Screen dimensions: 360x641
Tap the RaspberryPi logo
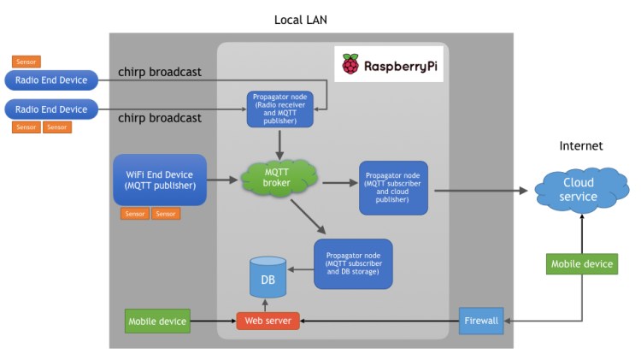tap(389, 65)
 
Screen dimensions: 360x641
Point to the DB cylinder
tap(266, 278)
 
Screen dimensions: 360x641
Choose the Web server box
tap(268, 322)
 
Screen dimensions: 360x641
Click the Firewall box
tap(483, 322)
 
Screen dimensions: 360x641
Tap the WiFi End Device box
tap(160, 180)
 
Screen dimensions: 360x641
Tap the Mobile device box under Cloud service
tap(581, 264)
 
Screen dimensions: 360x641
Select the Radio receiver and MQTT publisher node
tap(274, 109)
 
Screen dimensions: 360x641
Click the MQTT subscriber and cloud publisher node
tap(393, 188)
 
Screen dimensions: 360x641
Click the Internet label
tap(581, 146)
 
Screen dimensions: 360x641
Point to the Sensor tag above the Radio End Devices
tap(26, 62)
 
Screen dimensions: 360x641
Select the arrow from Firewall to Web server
tap(379, 322)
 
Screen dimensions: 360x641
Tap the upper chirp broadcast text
tap(160, 73)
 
